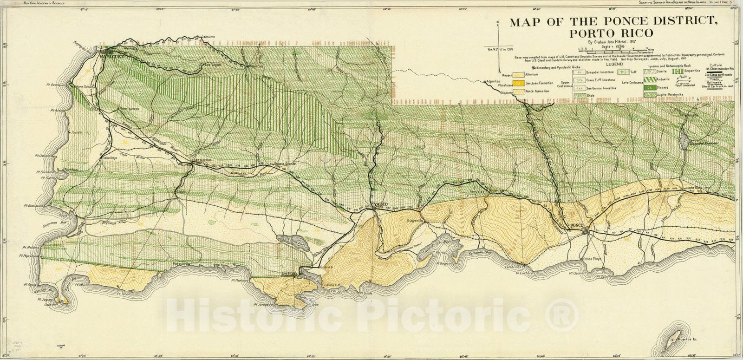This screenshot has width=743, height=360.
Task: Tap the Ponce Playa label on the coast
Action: click(593, 258)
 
